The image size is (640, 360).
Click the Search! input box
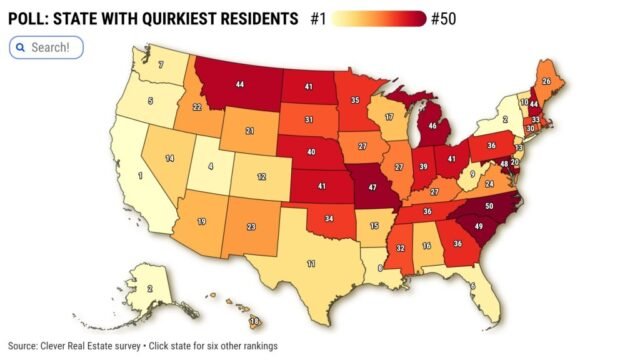click(x=47, y=47)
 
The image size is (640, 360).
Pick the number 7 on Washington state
click(x=161, y=65)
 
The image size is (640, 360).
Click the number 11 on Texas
click(x=311, y=263)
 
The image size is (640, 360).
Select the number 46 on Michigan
click(x=433, y=127)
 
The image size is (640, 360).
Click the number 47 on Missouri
click(x=373, y=187)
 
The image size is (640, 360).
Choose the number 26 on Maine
click(x=546, y=81)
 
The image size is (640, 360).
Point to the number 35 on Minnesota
click(x=354, y=101)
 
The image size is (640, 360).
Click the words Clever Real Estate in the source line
click(x=80, y=346)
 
